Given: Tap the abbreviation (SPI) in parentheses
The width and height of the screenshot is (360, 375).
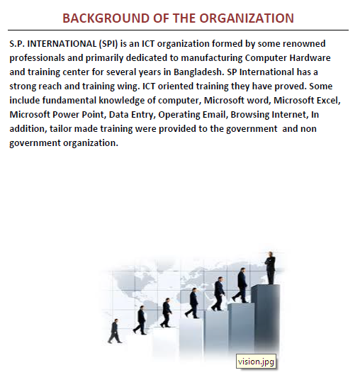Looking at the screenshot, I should point(99,43).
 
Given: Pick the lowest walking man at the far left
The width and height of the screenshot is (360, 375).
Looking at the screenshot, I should point(114,331).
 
